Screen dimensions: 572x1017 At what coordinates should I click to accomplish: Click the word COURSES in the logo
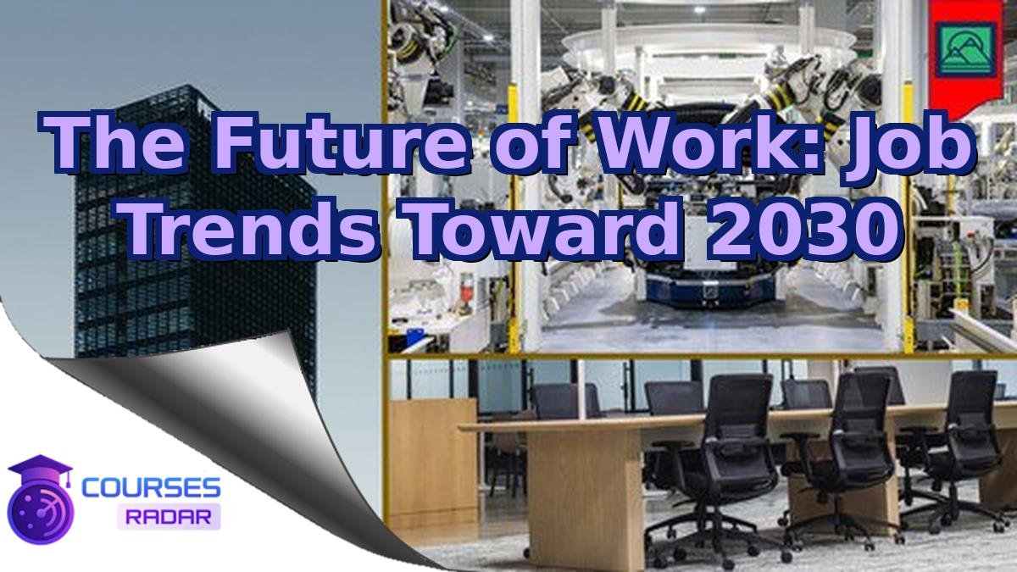(x=152, y=488)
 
